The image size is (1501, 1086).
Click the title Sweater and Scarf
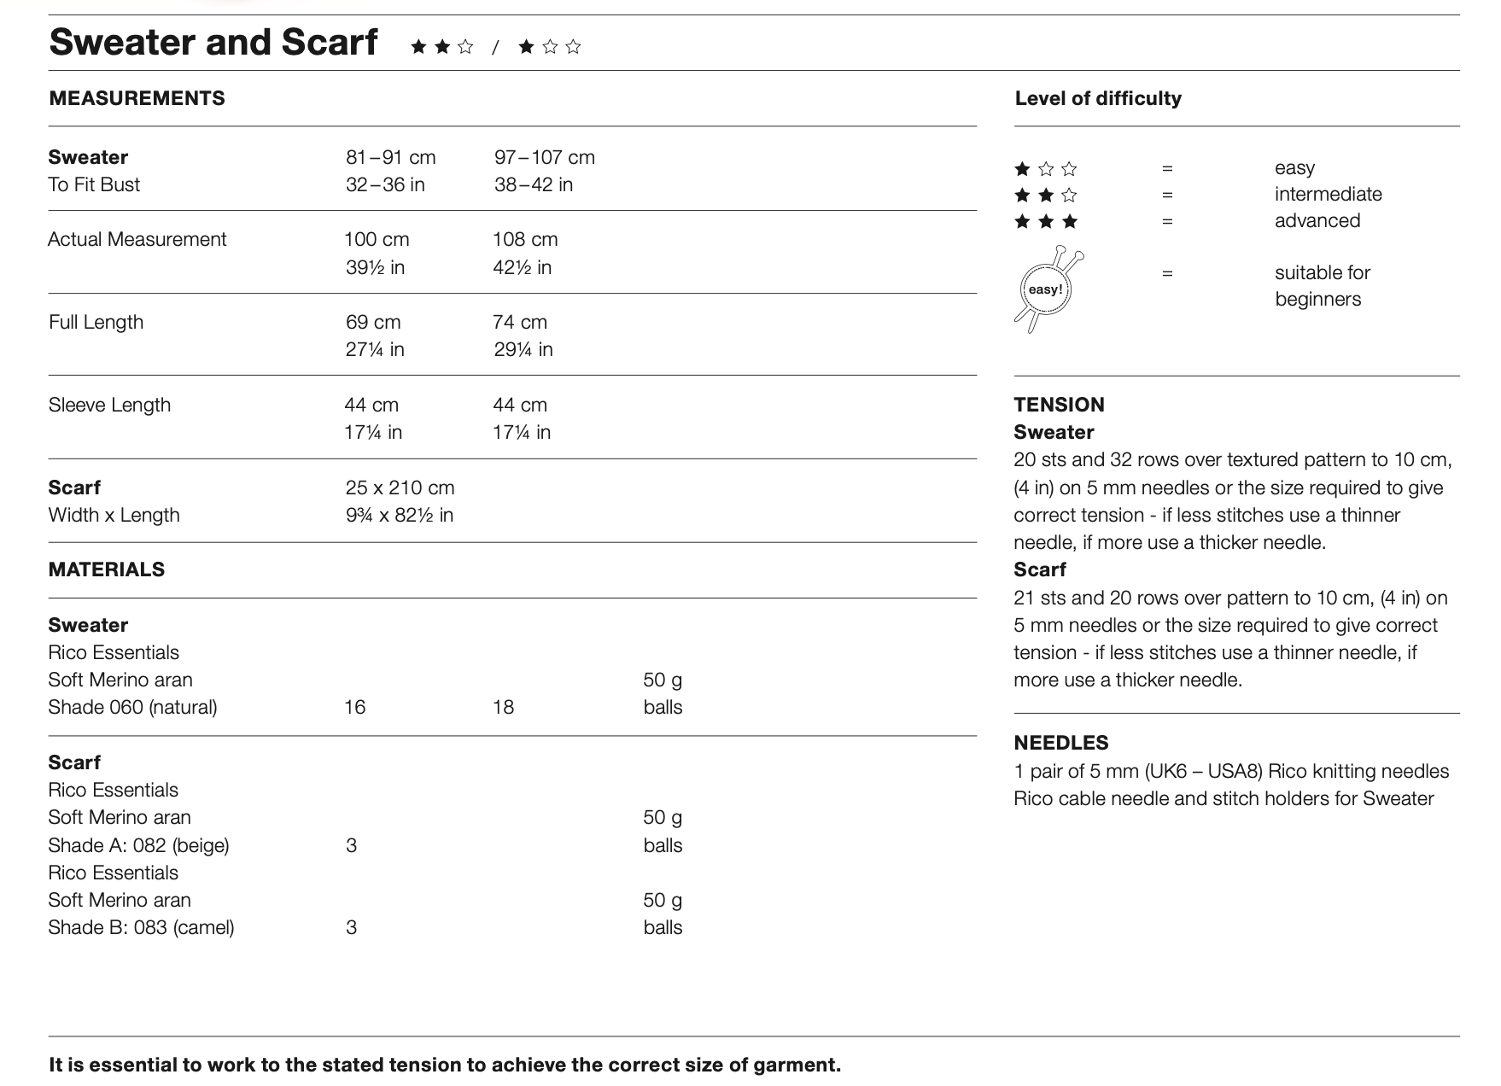click(x=213, y=42)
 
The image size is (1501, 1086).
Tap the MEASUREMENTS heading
click(x=137, y=98)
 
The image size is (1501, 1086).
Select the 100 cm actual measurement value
click(x=377, y=239)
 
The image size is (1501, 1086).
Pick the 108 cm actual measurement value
click(x=525, y=239)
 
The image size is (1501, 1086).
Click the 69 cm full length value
click(x=373, y=322)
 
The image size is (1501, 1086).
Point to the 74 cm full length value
click(x=520, y=322)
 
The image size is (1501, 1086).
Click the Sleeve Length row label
click(x=109, y=405)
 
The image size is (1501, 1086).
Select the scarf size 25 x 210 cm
click(x=400, y=488)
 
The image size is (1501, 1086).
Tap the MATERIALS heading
click(x=107, y=569)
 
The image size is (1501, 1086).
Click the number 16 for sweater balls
click(x=355, y=707)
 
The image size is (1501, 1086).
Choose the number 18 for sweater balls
click(x=504, y=707)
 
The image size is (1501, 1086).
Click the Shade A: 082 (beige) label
click(x=138, y=845)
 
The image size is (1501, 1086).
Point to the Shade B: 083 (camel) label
click(x=141, y=927)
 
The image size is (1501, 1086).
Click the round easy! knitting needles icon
click(x=1047, y=289)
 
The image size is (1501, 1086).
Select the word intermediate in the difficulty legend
click(x=1328, y=195)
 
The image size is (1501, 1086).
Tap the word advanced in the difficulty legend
click(x=1317, y=221)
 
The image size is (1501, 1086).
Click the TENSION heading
click(x=1059, y=405)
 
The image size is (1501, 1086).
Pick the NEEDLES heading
click(x=1061, y=743)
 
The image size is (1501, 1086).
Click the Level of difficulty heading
click(x=1098, y=98)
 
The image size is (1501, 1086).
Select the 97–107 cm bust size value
click(x=545, y=157)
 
